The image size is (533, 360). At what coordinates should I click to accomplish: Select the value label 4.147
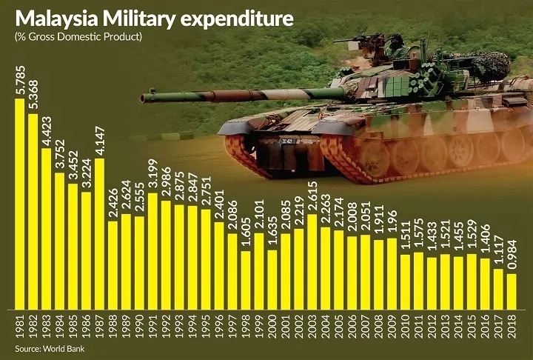99,139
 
